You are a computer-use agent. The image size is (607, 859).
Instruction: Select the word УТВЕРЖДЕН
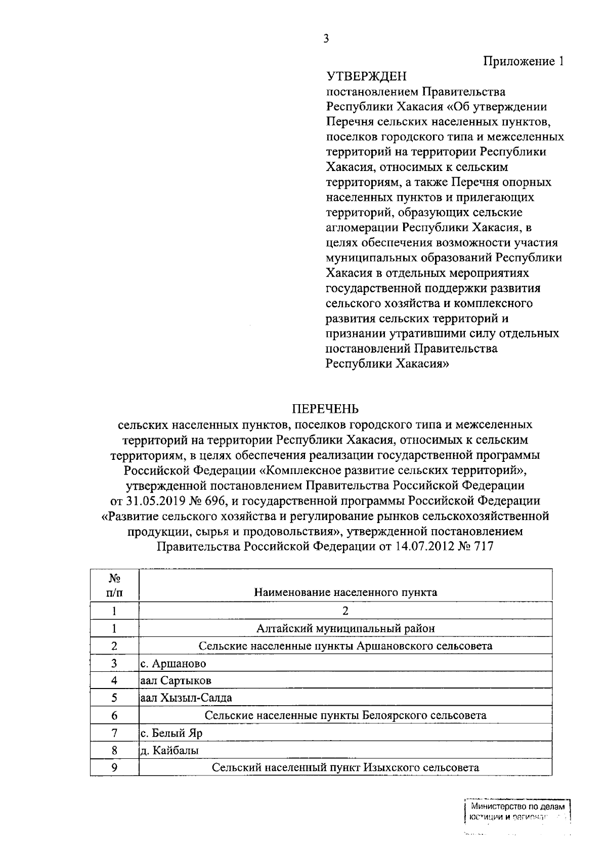pos(367,77)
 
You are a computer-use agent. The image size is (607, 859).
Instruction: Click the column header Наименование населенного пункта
pos(345,592)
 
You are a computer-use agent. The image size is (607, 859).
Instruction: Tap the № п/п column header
pos(114,585)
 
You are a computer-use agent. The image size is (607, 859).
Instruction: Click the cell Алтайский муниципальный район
pos(345,628)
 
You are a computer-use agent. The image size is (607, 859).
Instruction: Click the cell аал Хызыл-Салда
pos(186,698)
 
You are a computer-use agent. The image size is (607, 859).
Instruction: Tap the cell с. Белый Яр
pos(171,733)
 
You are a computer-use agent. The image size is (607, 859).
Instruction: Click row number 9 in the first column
pos(114,767)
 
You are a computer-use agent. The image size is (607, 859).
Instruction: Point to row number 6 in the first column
pos(114,715)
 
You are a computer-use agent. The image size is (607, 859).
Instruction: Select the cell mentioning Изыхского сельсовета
pos(345,767)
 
